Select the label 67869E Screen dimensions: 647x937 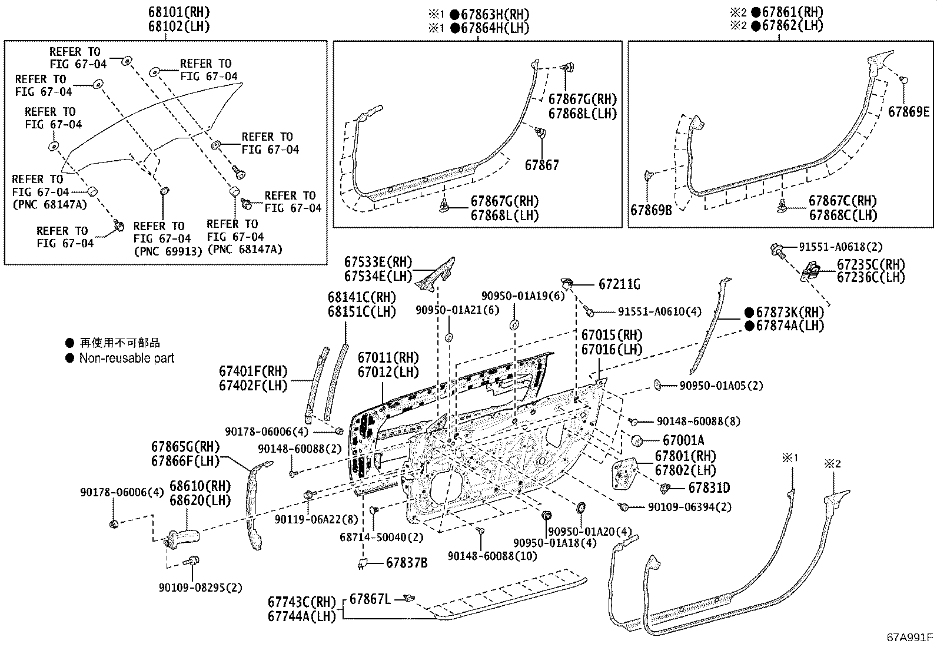pyautogui.click(x=909, y=111)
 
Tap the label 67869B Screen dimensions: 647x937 pyautogui.click(x=651, y=209)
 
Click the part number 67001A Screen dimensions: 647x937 pyautogui.click(x=683, y=440)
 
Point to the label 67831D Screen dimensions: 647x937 pyautogui.click(x=709, y=487)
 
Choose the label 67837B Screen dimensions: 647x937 pyautogui.click(x=407, y=563)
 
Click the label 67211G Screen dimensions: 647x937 pyautogui.click(x=619, y=284)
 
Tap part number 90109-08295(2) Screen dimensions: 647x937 pyautogui.click(x=200, y=588)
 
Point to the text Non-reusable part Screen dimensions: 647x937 pyautogui.click(x=127, y=358)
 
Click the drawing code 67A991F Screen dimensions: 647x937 pyautogui.click(x=911, y=637)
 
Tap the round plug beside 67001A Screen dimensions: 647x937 pyautogui.click(x=636, y=440)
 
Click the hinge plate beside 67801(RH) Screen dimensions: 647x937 pyautogui.click(x=626, y=473)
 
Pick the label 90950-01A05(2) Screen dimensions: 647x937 pyautogui.click(x=721, y=386)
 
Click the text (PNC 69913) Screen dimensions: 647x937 pyautogui.click(x=168, y=251)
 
